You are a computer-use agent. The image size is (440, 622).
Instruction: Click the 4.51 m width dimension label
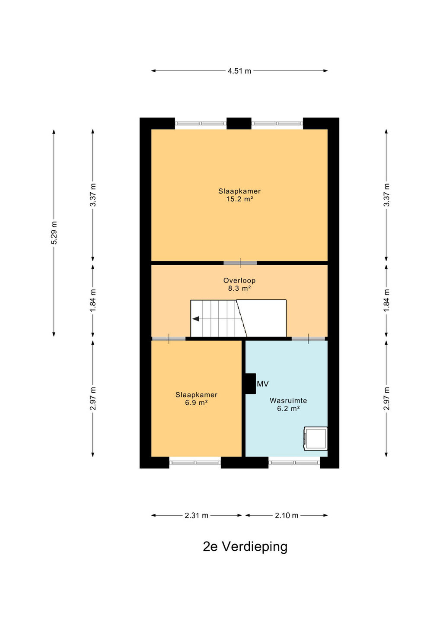239,71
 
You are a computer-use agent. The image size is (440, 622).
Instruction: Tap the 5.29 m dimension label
54,233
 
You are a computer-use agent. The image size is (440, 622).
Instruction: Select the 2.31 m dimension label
196,516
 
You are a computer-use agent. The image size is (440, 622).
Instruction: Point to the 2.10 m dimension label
287,516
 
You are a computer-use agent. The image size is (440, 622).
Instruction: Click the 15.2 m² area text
239,199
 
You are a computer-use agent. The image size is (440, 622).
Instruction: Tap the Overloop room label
239,280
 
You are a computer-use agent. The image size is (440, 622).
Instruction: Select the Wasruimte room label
288,400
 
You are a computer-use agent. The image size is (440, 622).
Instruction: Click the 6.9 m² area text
197,403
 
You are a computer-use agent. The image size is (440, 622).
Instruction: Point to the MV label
262,384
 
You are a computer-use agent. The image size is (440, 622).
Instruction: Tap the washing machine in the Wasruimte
316,438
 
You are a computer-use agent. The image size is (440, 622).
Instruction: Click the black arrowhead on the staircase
196,319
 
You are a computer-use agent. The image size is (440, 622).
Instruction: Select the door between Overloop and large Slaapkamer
240,263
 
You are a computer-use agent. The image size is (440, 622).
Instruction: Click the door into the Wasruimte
308,339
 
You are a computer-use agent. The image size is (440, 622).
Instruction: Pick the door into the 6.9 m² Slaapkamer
169,339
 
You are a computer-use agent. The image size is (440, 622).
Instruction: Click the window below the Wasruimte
294,463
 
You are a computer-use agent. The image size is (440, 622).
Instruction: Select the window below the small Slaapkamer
195,463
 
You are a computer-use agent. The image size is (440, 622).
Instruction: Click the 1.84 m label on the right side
386,300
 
